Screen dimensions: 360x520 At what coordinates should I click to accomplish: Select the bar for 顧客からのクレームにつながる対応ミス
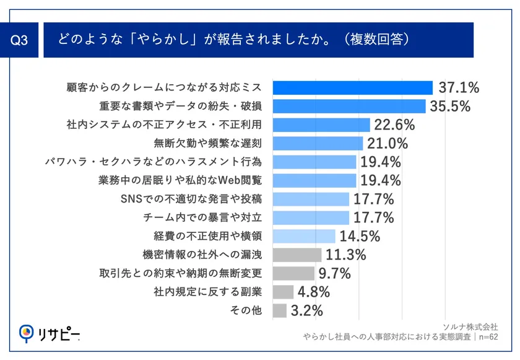point(352,87)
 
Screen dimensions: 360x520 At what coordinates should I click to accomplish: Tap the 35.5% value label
point(451,106)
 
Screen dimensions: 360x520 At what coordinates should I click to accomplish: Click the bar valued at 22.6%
point(321,125)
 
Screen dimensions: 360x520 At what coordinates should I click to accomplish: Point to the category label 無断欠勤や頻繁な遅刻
point(209,143)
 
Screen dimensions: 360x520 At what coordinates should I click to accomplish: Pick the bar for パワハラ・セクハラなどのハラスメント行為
point(314,162)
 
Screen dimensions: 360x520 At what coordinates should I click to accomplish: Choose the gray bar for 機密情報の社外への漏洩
point(297,255)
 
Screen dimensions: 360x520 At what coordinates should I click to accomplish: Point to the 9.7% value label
point(335,273)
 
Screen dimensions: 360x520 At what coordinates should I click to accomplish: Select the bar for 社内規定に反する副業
point(283,292)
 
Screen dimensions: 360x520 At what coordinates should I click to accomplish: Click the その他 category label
point(246,310)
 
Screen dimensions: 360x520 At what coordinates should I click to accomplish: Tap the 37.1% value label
point(459,87)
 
